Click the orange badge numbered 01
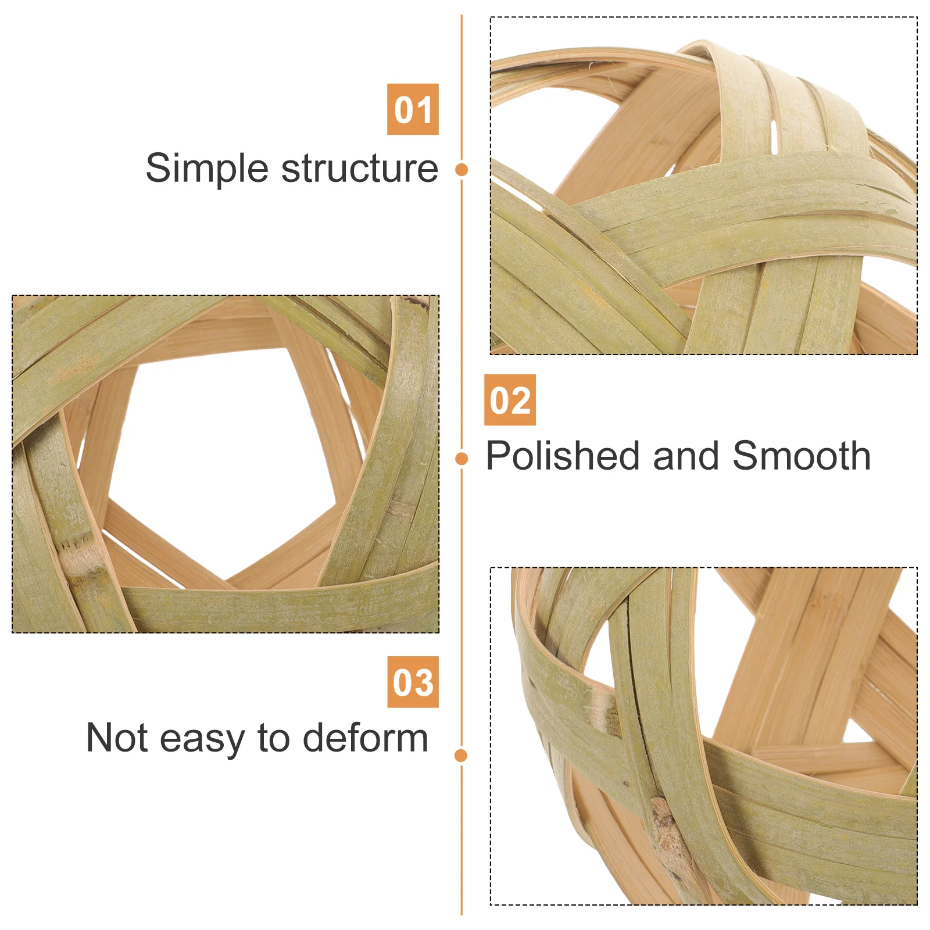pyautogui.click(x=413, y=109)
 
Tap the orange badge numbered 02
pyautogui.click(x=510, y=400)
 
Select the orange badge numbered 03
pyautogui.click(x=413, y=682)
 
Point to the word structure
pyautogui.click(x=360, y=169)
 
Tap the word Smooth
pyautogui.click(x=802, y=456)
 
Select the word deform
pyautogui.click(x=366, y=738)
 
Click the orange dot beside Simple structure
pyautogui.click(x=462, y=170)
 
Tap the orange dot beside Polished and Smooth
pyautogui.click(x=462, y=459)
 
